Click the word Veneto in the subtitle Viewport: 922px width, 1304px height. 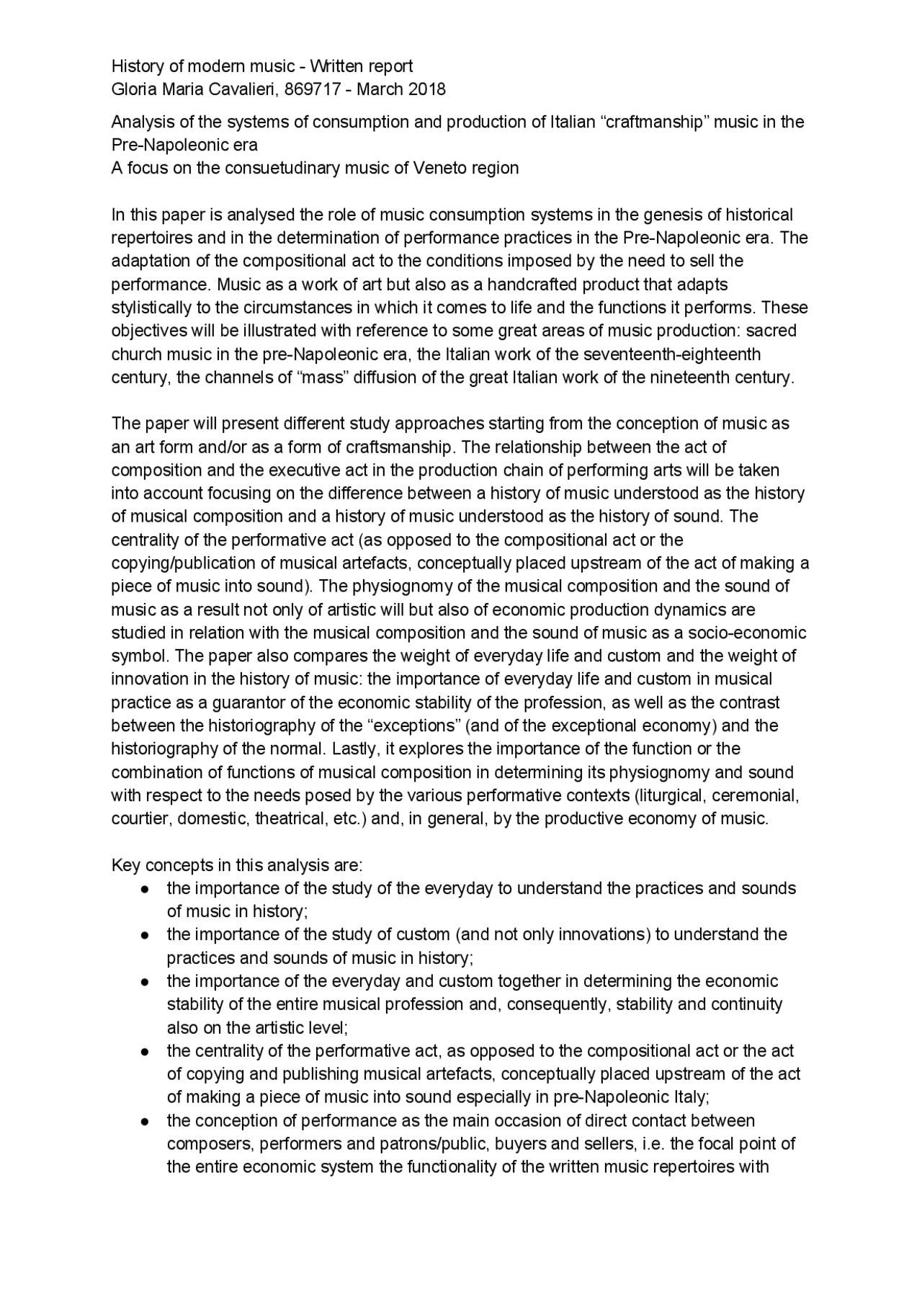[x=439, y=168]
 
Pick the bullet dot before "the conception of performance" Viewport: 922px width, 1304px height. [x=146, y=1121]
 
